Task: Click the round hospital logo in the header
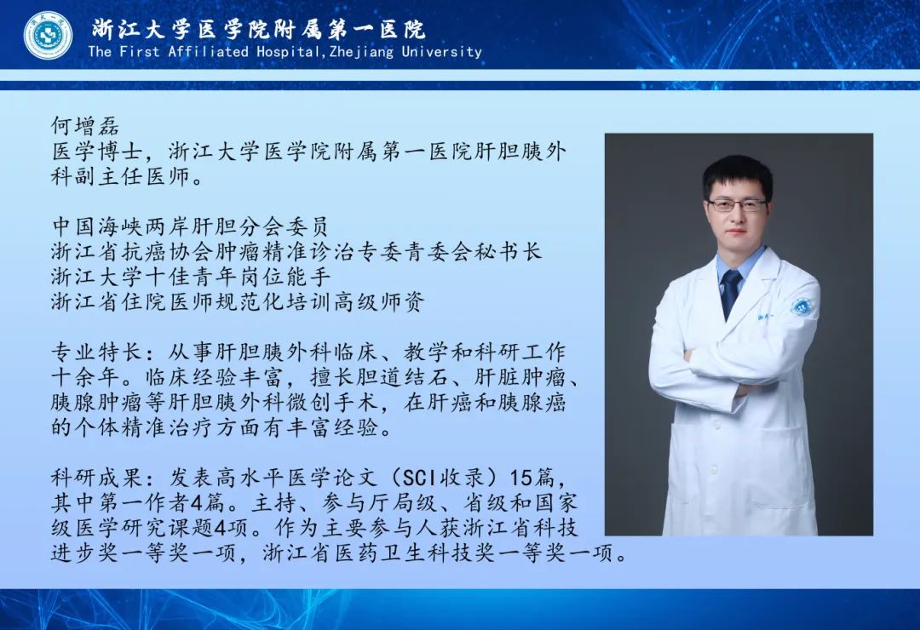tap(48, 35)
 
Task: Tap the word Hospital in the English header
tap(288, 52)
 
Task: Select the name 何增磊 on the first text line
tap(85, 126)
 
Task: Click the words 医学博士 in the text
tap(97, 152)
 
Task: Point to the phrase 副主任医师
tap(133, 176)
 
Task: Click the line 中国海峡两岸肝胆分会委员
tap(189, 226)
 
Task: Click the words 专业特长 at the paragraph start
tap(97, 352)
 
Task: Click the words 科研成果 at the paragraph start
tap(97, 478)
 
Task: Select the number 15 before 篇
tap(520, 478)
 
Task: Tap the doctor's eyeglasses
tap(737, 205)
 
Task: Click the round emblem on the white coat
tap(801, 306)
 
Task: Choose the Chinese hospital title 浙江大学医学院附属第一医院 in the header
tap(258, 29)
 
